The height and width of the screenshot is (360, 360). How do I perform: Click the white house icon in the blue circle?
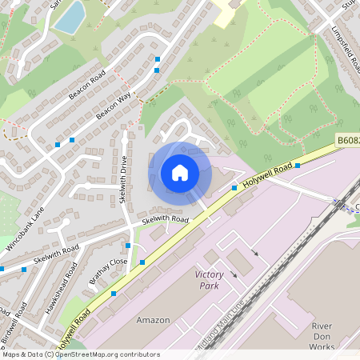click(180, 172)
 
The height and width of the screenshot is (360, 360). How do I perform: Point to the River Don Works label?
click(322, 337)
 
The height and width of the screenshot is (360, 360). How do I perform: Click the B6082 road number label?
click(348, 140)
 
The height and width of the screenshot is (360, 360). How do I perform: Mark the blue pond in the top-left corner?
click(70, 16)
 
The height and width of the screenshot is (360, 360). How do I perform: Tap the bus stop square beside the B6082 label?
click(297, 166)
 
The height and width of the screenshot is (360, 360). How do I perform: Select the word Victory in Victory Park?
click(210, 274)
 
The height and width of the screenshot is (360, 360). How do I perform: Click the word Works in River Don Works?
click(322, 347)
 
